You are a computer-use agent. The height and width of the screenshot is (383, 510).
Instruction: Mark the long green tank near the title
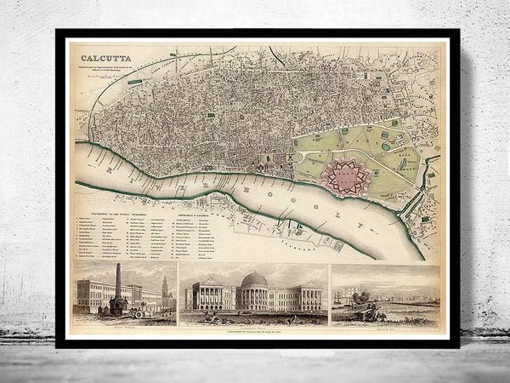coord(135,83)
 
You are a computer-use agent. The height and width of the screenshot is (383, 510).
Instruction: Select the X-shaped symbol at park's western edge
coord(291,157)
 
